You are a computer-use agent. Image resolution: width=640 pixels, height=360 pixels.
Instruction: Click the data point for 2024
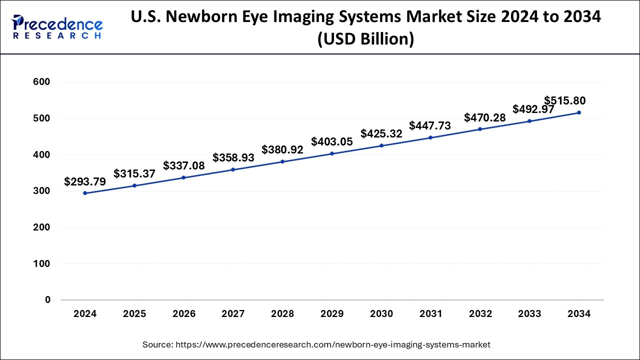pos(85,193)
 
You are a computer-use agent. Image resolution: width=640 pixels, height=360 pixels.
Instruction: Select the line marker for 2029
pos(332,153)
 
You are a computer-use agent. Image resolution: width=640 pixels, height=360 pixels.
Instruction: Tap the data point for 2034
pos(579,112)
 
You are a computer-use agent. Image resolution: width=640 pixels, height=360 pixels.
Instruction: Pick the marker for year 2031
pos(430,137)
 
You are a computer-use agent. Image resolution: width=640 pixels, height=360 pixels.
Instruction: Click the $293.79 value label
pos(85,182)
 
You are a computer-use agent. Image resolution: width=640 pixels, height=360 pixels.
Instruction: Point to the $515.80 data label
pos(565,100)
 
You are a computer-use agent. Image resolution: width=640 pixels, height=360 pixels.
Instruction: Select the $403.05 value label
pos(332,142)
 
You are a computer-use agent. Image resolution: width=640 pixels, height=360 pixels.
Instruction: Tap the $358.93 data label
pos(233,158)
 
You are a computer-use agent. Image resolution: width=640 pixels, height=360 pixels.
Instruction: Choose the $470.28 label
pos(485,118)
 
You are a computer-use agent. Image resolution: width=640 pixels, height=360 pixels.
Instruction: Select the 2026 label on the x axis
pos(184,314)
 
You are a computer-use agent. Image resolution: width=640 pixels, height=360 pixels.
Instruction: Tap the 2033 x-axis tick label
pos(529,314)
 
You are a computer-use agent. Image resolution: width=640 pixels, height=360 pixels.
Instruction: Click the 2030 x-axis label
pos(381,314)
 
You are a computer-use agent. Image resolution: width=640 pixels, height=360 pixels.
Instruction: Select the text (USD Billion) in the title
pos(365,39)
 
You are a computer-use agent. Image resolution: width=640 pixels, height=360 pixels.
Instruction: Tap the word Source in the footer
pos(157,344)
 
